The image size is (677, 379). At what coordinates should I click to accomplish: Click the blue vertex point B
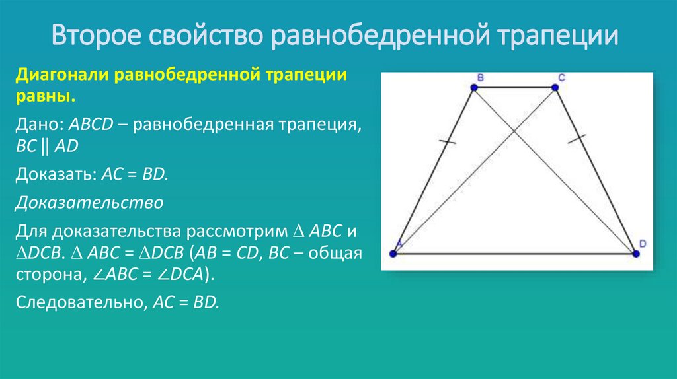[x=473, y=87]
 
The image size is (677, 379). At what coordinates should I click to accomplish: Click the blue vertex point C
[x=555, y=87]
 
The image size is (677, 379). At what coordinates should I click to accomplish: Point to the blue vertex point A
[x=393, y=253]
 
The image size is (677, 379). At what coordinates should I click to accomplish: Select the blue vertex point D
[x=636, y=253]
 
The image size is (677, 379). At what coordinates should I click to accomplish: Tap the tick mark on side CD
[x=578, y=138]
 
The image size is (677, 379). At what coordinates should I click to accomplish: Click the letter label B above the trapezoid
[x=480, y=77]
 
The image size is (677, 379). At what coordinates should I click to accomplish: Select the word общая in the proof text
[x=333, y=254]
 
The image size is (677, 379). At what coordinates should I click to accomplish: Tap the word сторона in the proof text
[x=44, y=275]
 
